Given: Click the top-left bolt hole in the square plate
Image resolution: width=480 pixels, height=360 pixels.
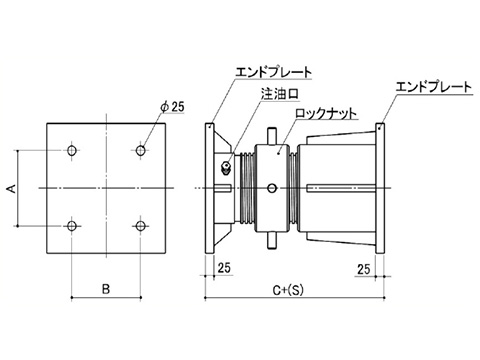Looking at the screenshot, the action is tap(72, 150).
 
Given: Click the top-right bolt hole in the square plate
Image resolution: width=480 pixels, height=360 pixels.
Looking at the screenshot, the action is tap(141, 150).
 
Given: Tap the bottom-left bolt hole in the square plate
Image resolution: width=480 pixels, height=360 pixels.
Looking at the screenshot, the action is tap(72, 226).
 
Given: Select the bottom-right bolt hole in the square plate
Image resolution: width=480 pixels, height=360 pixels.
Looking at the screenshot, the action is tap(141, 226).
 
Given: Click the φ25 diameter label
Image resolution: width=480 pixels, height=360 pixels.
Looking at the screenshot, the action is tap(172, 107).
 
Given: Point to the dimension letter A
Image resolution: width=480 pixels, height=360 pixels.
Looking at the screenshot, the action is tap(12, 188).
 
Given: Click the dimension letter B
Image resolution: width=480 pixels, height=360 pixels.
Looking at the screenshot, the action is tap(106, 289).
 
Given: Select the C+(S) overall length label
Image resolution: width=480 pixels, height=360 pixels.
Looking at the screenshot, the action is tap(288, 290).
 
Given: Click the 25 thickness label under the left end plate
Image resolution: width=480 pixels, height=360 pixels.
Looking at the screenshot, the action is tap(224, 267).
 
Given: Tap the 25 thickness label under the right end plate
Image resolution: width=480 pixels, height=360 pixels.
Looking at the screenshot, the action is tap(364, 269).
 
